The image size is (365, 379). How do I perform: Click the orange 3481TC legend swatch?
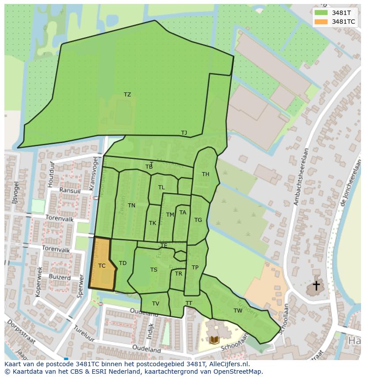click(321, 22)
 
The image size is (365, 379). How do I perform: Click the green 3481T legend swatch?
click(321, 13)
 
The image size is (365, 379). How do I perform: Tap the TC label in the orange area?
click(102, 266)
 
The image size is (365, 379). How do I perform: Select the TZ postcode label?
click(127, 95)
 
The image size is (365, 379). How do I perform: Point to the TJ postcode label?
click(184, 133)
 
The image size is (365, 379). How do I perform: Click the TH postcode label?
click(205, 174)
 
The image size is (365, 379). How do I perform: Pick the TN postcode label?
click(131, 206)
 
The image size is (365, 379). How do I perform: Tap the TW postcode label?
click(238, 311)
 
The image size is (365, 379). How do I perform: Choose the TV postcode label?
click(156, 304)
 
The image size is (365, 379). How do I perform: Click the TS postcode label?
click(153, 270)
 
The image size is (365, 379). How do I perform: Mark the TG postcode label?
click(198, 220)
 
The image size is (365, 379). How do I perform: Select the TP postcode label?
click(195, 268)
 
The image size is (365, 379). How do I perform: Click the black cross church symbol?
click(316, 286)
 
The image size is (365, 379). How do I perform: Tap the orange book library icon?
click(214, 340)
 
